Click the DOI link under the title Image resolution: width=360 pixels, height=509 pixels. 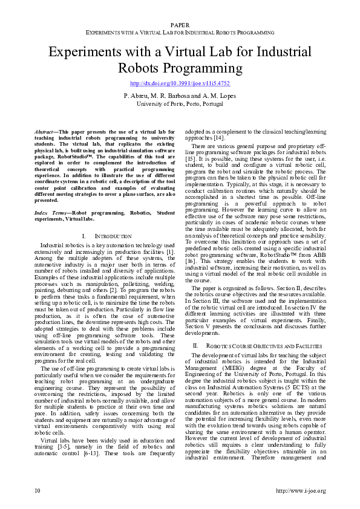point(180,83)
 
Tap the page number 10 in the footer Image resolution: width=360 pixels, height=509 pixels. point(38,490)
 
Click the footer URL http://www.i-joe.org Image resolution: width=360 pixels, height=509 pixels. point(299,490)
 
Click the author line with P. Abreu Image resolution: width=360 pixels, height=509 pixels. point(180,96)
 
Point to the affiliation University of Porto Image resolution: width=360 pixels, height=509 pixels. point(180,103)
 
